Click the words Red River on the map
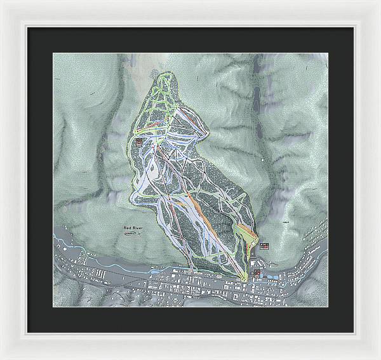(135, 226)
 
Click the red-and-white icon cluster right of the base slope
(264, 246)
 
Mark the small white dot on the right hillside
(262, 161)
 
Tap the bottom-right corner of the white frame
(379, 358)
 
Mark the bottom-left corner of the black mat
(27, 332)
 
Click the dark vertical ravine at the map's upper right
(258, 83)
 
